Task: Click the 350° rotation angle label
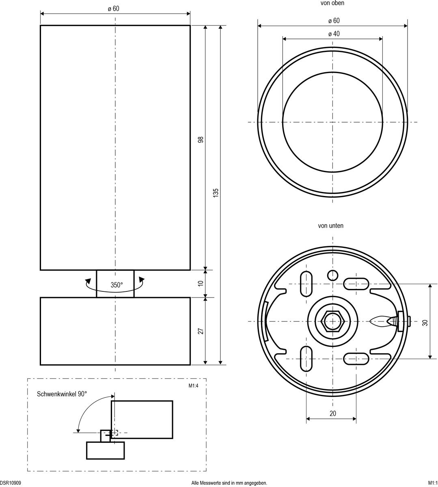pos(117,285)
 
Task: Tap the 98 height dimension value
pos(201,140)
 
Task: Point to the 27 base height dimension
pos(201,331)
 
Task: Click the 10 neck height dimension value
pos(201,283)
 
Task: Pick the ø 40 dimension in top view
pos(334,34)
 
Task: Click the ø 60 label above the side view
pos(114,9)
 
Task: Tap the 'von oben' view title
pos(332,3)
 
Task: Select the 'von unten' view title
pos(330,226)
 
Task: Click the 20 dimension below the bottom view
pos(333,414)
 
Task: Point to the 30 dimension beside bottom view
pos(425,323)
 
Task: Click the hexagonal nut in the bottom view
pos(333,321)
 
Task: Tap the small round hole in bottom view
pos(333,276)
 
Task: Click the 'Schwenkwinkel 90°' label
pos(62,394)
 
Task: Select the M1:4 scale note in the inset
pos(193,386)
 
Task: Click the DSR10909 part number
pos(11,483)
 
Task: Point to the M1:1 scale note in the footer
pos(432,483)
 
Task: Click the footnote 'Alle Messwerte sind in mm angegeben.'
pos(229,483)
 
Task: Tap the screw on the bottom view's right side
pos(386,321)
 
